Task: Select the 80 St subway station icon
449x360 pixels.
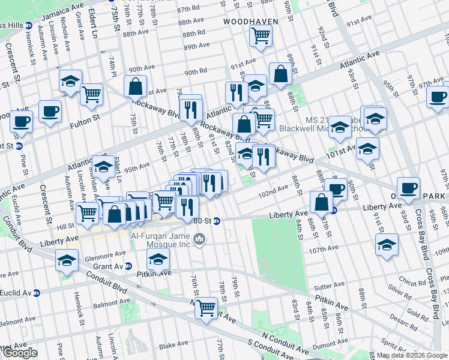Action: (217, 221)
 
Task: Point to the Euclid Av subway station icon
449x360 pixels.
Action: (36, 293)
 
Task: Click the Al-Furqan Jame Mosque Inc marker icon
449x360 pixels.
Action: (201, 241)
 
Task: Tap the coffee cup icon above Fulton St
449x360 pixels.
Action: (50, 111)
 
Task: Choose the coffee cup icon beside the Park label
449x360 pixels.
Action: (408, 187)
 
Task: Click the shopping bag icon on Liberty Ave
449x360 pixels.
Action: (322, 202)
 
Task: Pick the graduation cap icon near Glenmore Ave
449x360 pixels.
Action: (67, 260)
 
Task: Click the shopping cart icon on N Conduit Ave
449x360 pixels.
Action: (206, 308)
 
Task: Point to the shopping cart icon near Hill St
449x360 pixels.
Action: (88, 212)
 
